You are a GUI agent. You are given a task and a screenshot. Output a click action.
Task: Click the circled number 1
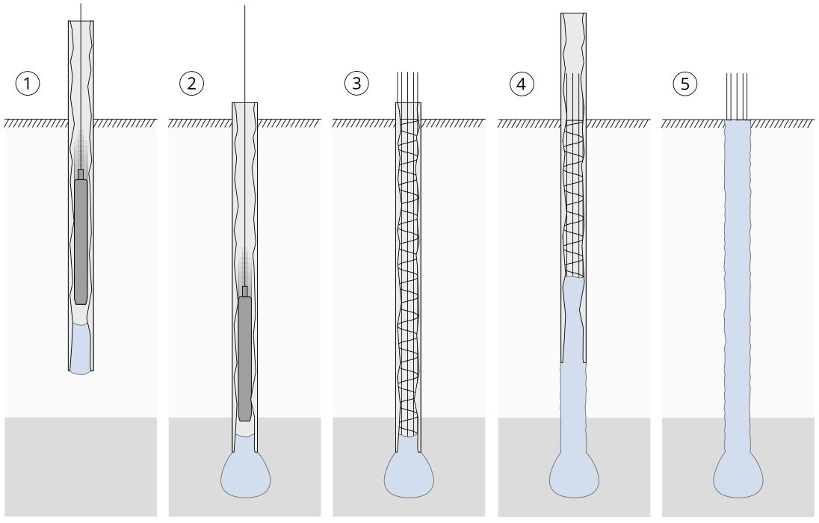[27, 84]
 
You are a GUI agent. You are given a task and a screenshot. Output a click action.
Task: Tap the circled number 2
[192, 84]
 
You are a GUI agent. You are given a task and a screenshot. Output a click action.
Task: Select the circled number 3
[356, 84]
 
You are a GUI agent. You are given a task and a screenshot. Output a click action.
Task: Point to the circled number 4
[522, 84]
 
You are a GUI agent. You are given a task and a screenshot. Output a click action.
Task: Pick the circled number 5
[685, 84]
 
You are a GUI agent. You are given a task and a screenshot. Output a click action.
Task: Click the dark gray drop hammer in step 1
[81, 241]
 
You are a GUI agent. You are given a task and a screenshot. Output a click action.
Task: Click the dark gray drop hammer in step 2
[245, 359]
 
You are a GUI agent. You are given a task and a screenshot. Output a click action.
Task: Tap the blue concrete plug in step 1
[81, 349]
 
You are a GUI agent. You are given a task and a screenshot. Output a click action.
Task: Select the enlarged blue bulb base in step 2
[246, 473]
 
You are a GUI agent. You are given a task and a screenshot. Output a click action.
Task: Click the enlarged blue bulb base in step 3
[409, 473]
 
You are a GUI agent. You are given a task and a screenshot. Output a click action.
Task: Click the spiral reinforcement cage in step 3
[409, 278]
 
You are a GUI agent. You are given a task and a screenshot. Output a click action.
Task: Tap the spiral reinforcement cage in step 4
[573, 199]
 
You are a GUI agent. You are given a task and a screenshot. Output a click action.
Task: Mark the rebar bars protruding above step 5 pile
[737, 96]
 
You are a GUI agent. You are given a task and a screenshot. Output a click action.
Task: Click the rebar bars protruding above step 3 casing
[409, 87]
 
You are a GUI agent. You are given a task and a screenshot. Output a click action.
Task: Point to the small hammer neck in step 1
[81, 175]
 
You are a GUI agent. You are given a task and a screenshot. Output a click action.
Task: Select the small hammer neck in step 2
[245, 291]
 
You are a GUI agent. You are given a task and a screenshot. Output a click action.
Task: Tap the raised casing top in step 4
[573, 43]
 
